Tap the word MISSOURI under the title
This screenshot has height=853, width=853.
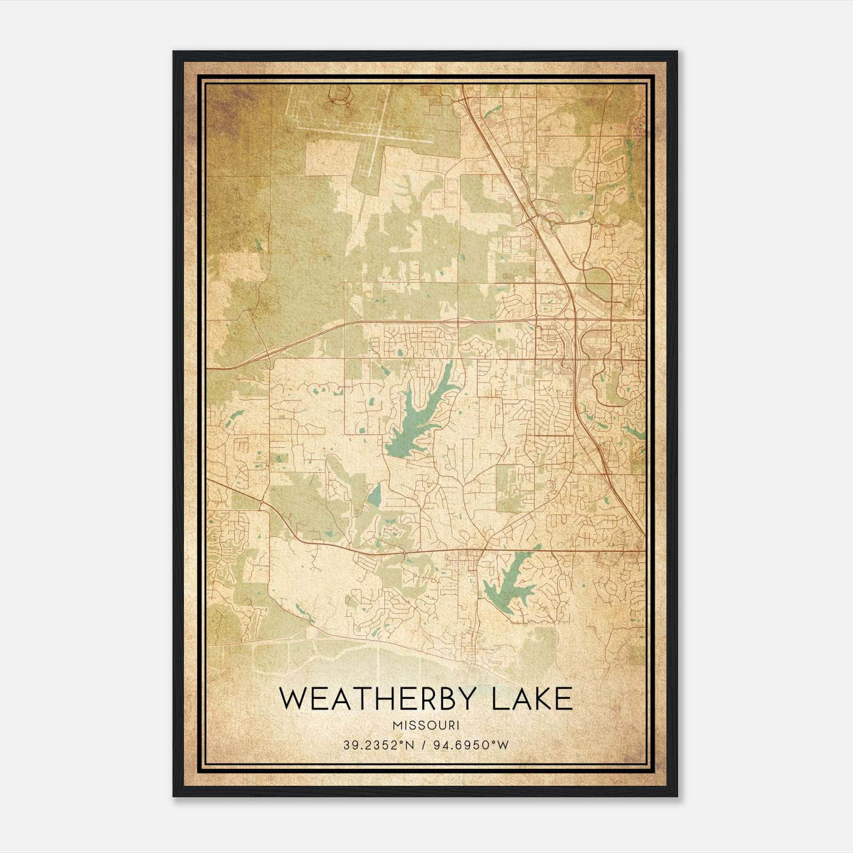point(425,725)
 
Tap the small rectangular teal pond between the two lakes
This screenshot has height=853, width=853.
point(374,496)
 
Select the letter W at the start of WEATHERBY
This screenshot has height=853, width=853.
point(293,699)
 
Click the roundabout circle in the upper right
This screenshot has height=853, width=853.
point(592,221)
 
